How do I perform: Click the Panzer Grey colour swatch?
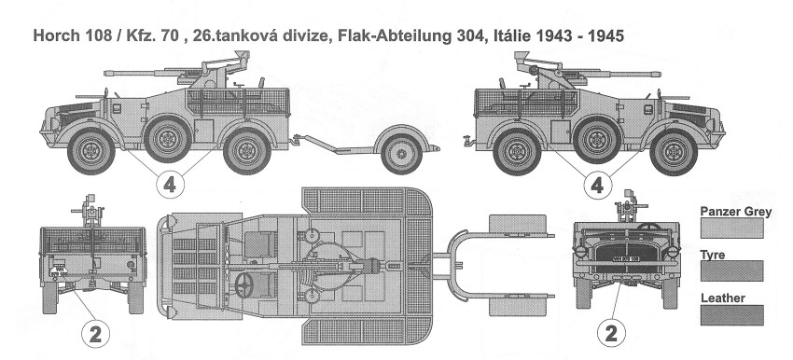click(x=731, y=228)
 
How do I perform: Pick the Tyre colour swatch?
click(x=731, y=271)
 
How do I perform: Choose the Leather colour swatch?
click(x=731, y=315)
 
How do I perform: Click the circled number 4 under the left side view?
click(x=170, y=186)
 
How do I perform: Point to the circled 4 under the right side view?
click(x=597, y=186)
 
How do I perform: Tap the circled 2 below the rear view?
click(x=95, y=334)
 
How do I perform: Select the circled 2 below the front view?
click(x=611, y=334)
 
